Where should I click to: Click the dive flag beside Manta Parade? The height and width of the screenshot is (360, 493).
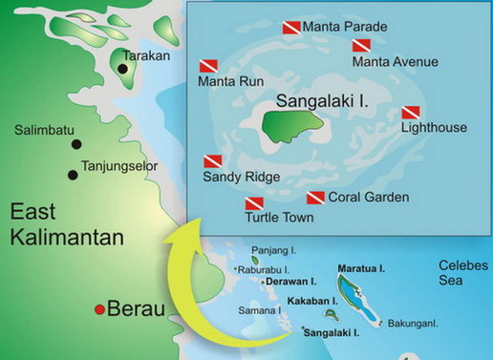[291, 28]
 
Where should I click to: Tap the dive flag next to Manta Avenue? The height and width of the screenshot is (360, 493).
[360, 45]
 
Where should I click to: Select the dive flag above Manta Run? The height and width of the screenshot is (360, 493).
[209, 66]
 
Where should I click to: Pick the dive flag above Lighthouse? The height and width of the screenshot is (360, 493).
[412, 112]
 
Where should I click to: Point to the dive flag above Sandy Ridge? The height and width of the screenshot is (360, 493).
[213, 161]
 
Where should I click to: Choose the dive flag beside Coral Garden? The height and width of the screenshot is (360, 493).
[314, 198]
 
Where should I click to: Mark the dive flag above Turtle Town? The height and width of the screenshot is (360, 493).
[254, 202]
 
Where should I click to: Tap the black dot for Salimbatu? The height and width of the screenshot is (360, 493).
[75, 144]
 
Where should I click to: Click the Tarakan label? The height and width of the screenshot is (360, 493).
[146, 55]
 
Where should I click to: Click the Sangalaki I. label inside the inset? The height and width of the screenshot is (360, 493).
[314, 98]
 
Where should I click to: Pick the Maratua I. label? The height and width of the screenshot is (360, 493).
[360, 268]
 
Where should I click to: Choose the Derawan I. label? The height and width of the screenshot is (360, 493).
[290, 284]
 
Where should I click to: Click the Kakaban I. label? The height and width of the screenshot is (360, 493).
[313, 301]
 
